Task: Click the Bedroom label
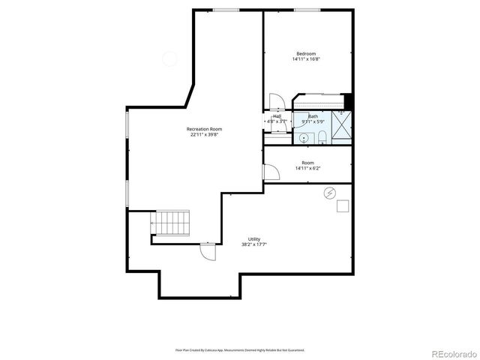pos(306,53)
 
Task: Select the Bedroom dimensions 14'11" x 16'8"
pos(306,59)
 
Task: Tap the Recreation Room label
pos(204,129)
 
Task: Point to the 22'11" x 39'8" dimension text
pos(204,135)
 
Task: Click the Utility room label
pos(254,238)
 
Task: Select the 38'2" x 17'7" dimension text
pos(254,244)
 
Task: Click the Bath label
pos(312,116)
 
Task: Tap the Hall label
pos(277,116)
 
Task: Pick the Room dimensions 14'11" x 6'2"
pos(307,169)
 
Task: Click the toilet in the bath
pos(321,136)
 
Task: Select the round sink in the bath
pos(304,138)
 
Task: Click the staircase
pos(172,222)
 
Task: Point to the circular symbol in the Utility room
pos(329,193)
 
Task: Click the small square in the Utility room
pos(343,207)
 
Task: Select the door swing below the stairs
pos(208,251)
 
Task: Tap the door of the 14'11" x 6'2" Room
pos(271,172)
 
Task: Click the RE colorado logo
pos(451,352)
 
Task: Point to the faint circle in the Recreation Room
pos(170,58)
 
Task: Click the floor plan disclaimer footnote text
pos(240,349)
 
